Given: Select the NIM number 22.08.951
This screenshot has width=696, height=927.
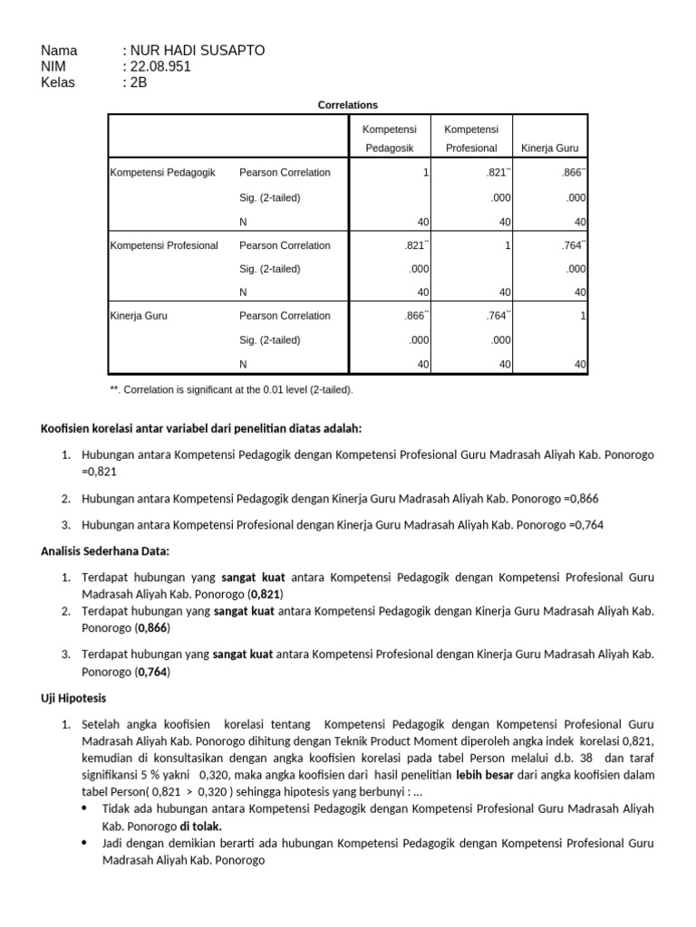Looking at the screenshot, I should tap(161, 67).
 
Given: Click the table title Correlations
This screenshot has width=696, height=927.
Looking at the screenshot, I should tap(348, 105).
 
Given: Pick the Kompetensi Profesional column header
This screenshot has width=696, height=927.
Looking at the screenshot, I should tap(471, 139).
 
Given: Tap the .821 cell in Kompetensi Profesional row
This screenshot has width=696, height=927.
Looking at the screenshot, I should tap(413, 245).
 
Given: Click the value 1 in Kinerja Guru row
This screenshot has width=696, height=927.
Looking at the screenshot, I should tap(583, 316).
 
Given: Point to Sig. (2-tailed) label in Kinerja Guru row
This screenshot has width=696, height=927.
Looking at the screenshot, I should tap(269, 340).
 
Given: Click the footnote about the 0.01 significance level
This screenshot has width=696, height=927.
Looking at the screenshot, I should tap(231, 390).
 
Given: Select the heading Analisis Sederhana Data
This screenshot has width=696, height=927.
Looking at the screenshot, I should tap(105, 550).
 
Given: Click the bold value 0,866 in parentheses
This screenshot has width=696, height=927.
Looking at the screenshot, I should tap(153, 627).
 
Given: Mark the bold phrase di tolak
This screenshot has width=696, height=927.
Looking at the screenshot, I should tap(200, 827).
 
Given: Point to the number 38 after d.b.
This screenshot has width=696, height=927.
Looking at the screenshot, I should tap(585, 758).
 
